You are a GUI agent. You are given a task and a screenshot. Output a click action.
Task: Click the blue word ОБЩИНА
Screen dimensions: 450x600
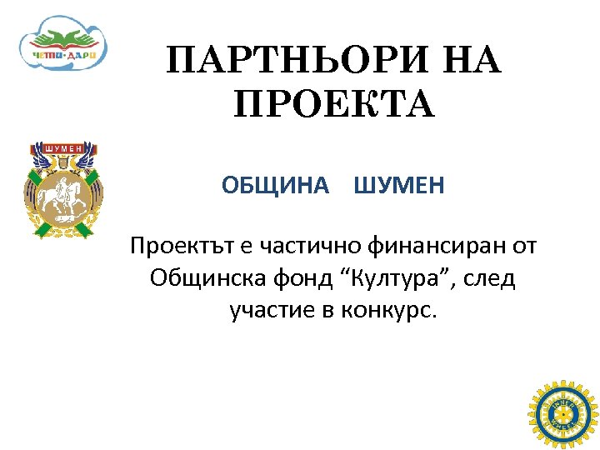pos(276,185)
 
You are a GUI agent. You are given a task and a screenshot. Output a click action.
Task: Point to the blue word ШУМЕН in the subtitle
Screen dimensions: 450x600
pos(399,185)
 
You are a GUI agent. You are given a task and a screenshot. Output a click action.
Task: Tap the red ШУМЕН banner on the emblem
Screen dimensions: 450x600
pos(64,148)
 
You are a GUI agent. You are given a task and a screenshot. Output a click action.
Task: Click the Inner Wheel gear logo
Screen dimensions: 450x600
pos(563,413)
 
